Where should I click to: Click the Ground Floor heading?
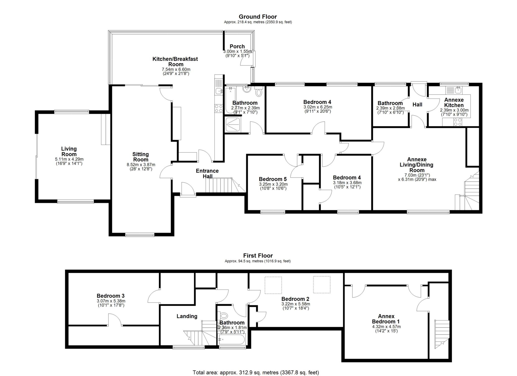click(258, 17)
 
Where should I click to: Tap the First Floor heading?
click(258, 256)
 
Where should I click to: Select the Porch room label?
click(237, 46)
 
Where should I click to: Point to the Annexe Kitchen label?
click(454, 103)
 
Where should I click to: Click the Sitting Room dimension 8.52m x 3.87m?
click(141, 165)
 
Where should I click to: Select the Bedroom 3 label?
click(111, 296)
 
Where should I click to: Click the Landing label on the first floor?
click(187, 316)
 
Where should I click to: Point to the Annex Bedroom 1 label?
click(386, 319)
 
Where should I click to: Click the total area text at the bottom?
click(256, 372)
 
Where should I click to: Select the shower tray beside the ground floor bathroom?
click(233, 124)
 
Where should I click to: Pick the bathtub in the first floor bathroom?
click(232, 339)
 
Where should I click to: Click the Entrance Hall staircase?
click(219, 186)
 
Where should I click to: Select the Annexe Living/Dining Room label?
click(420, 165)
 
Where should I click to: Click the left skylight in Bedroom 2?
click(273, 285)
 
